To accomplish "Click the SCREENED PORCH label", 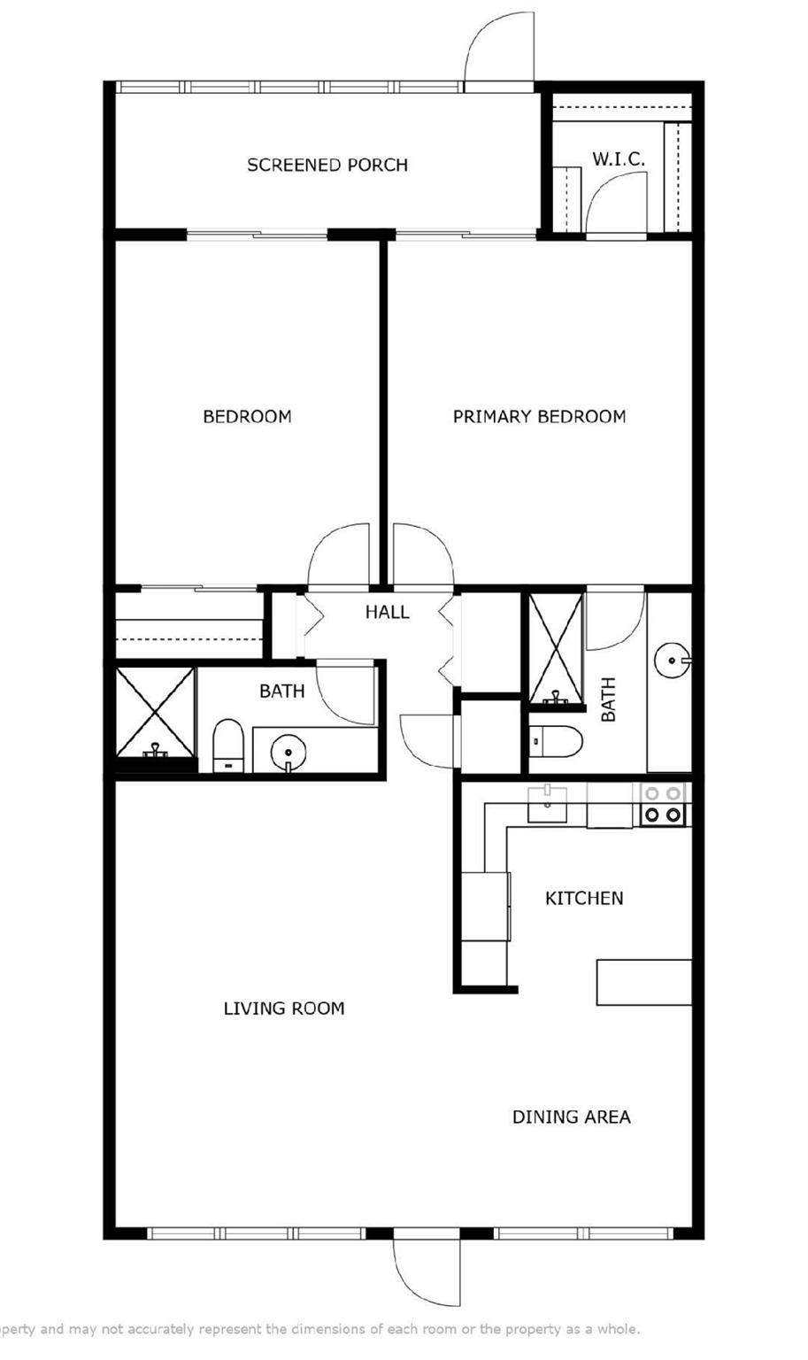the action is click(x=327, y=166).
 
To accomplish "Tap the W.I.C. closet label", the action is click(x=619, y=159).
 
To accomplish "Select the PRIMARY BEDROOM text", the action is click(x=540, y=416).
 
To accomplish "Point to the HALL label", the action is click(x=388, y=612).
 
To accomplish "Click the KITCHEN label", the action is click(x=584, y=898).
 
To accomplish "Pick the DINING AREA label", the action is click(x=571, y=1117).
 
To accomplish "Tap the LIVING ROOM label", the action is click(x=284, y=1008).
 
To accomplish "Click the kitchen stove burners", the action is click(x=662, y=804).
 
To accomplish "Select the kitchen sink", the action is click(x=547, y=805).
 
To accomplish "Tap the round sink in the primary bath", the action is click(x=672, y=660).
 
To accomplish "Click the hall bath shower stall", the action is click(x=156, y=712).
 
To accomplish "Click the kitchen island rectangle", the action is click(x=644, y=982).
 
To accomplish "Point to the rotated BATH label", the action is click(x=608, y=699).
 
